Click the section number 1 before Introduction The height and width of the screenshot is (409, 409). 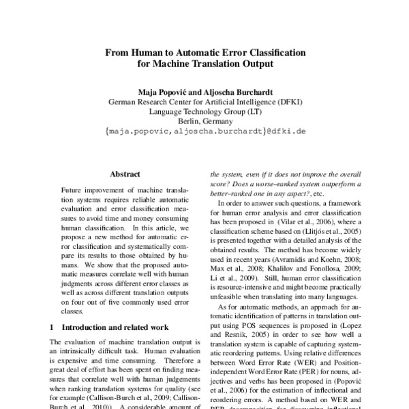coord(53,327)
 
